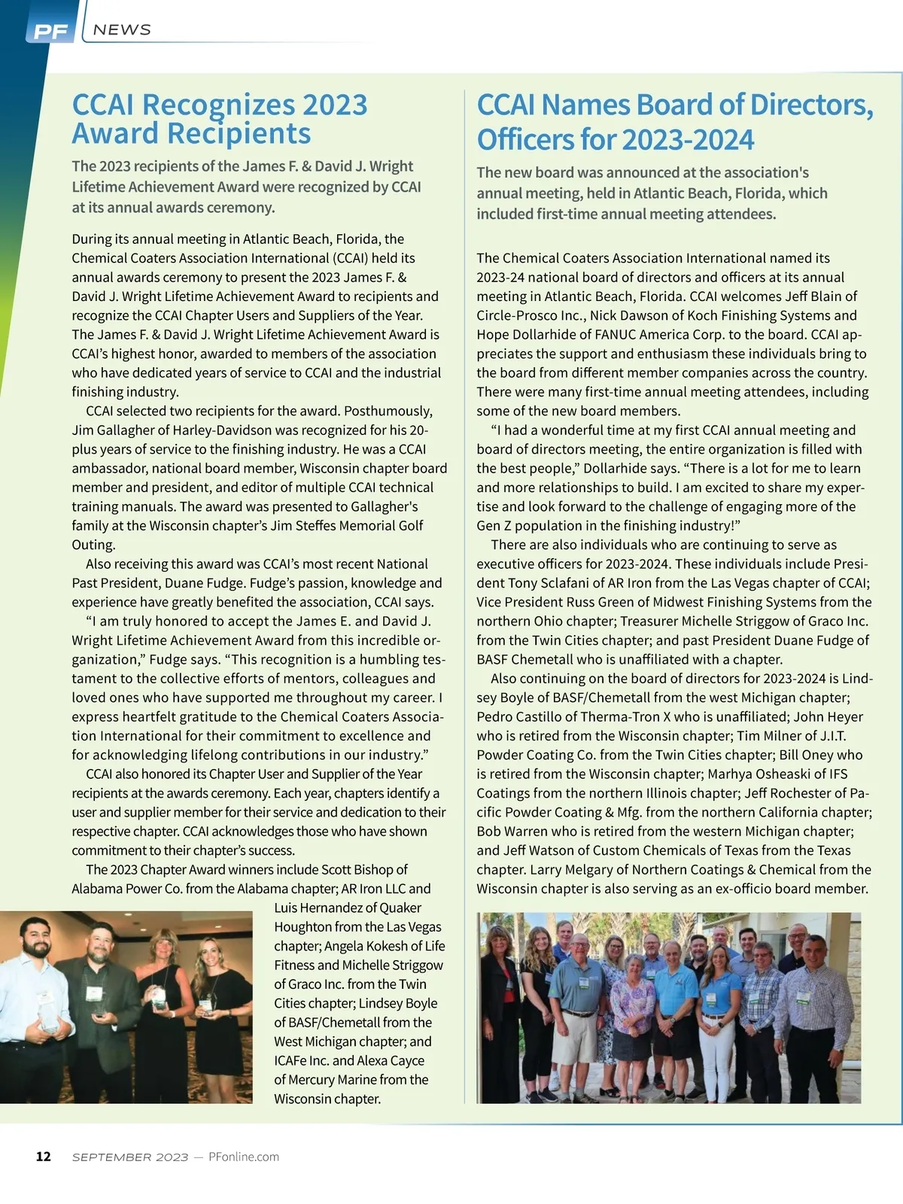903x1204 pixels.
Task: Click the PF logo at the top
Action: [x=50, y=32]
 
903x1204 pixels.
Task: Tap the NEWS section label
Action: [x=122, y=30]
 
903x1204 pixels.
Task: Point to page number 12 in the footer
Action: [x=44, y=1157]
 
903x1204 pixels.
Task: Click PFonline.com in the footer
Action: [x=243, y=1157]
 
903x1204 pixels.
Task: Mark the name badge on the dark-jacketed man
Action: [x=94, y=993]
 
